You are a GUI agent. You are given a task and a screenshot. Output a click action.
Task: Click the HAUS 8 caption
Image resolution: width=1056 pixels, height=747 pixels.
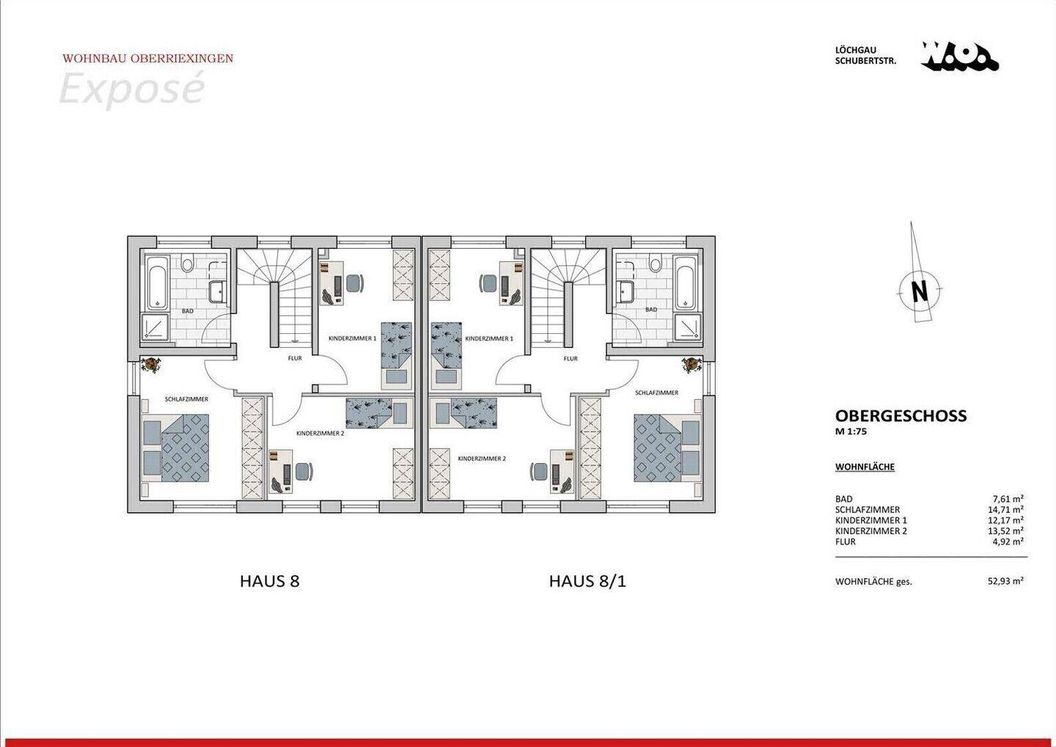(x=270, y=581)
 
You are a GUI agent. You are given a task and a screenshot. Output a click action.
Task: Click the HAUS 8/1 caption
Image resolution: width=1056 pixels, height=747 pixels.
(x=587, y=581)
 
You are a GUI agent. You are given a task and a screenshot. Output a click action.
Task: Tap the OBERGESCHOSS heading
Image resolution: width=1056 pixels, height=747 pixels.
(x=901, y=416)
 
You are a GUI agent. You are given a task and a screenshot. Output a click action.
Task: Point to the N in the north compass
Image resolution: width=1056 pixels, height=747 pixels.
(x=919, y=291)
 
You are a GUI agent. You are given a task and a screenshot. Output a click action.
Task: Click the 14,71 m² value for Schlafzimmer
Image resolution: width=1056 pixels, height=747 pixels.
(x=1005, y=509)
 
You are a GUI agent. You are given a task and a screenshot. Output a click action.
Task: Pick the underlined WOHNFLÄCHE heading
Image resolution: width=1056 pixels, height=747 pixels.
(x=865, y=467)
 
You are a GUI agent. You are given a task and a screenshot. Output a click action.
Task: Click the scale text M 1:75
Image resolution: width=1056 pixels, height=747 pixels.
(x=851, y=432)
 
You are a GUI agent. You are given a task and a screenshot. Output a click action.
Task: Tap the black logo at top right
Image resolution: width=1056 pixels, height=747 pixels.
(x=959, y=57)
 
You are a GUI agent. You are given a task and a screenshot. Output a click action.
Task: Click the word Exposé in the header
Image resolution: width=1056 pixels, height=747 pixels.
(x=131, y=90)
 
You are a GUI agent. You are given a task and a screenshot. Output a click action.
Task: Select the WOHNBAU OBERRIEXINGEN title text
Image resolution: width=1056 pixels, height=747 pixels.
(x=148, y=59)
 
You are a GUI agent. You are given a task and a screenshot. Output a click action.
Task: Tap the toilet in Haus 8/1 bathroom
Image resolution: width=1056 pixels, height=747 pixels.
(x=654, y=261)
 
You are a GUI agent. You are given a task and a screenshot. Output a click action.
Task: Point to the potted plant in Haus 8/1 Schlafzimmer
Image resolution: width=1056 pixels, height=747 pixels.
(x=690, y=365)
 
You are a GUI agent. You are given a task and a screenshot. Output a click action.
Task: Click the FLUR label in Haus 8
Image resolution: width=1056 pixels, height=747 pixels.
(x=294, y=359)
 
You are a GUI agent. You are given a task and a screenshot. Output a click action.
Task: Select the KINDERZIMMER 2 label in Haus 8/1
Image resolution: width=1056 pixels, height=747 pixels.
(x=482, y=459)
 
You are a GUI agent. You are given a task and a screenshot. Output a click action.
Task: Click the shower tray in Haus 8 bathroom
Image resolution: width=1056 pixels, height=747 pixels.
(x=156, y=328)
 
